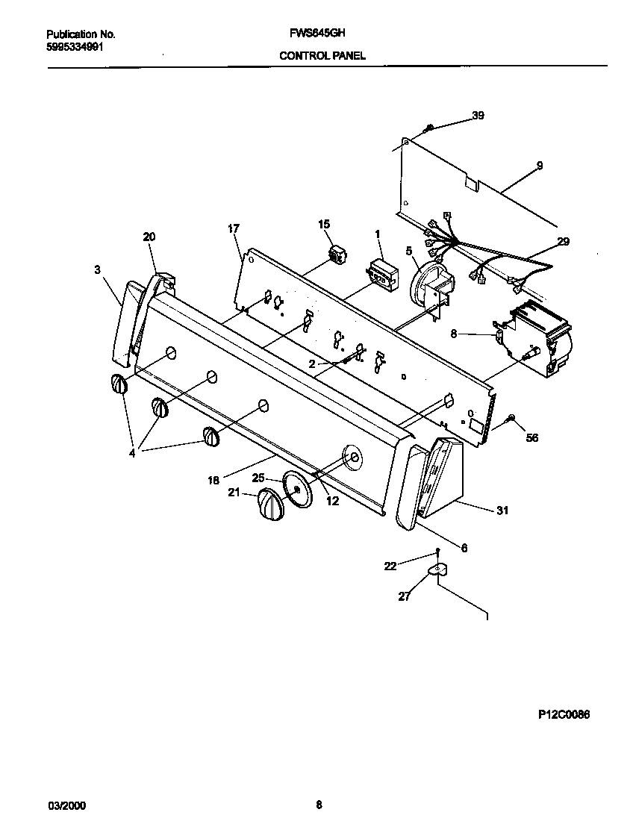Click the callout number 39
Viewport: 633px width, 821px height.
(478, 115)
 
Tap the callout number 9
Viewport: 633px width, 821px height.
(539, 165)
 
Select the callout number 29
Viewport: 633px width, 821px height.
(563, 241)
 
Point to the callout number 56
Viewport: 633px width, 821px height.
(532, 438)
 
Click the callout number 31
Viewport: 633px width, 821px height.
(502, 511)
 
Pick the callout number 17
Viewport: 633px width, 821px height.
(234, 229)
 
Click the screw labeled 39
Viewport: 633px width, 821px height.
(428, 130)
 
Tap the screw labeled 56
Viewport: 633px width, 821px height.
(511, 419)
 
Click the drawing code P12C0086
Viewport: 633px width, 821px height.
(564, 714)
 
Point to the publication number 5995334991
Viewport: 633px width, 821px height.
(75, 46)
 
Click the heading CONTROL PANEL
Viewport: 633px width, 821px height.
(322, 56)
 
